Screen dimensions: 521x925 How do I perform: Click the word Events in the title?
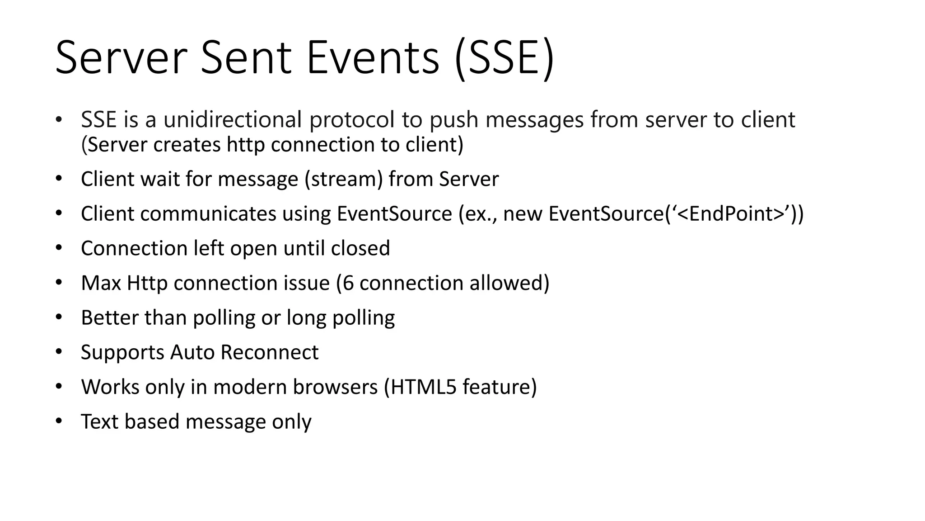[373, 58]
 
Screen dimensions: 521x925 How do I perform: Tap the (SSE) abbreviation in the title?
[504, 59]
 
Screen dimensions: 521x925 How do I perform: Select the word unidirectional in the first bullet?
[232, 120]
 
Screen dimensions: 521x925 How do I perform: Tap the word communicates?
[208, 214]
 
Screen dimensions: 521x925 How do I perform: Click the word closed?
[360, 248]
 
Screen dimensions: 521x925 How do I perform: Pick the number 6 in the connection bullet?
[348, 283]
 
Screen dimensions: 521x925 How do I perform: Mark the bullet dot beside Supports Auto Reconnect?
[58, 352]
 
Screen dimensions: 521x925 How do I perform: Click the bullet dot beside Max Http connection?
[58, 283]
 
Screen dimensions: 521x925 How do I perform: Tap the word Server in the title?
[121, 58]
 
